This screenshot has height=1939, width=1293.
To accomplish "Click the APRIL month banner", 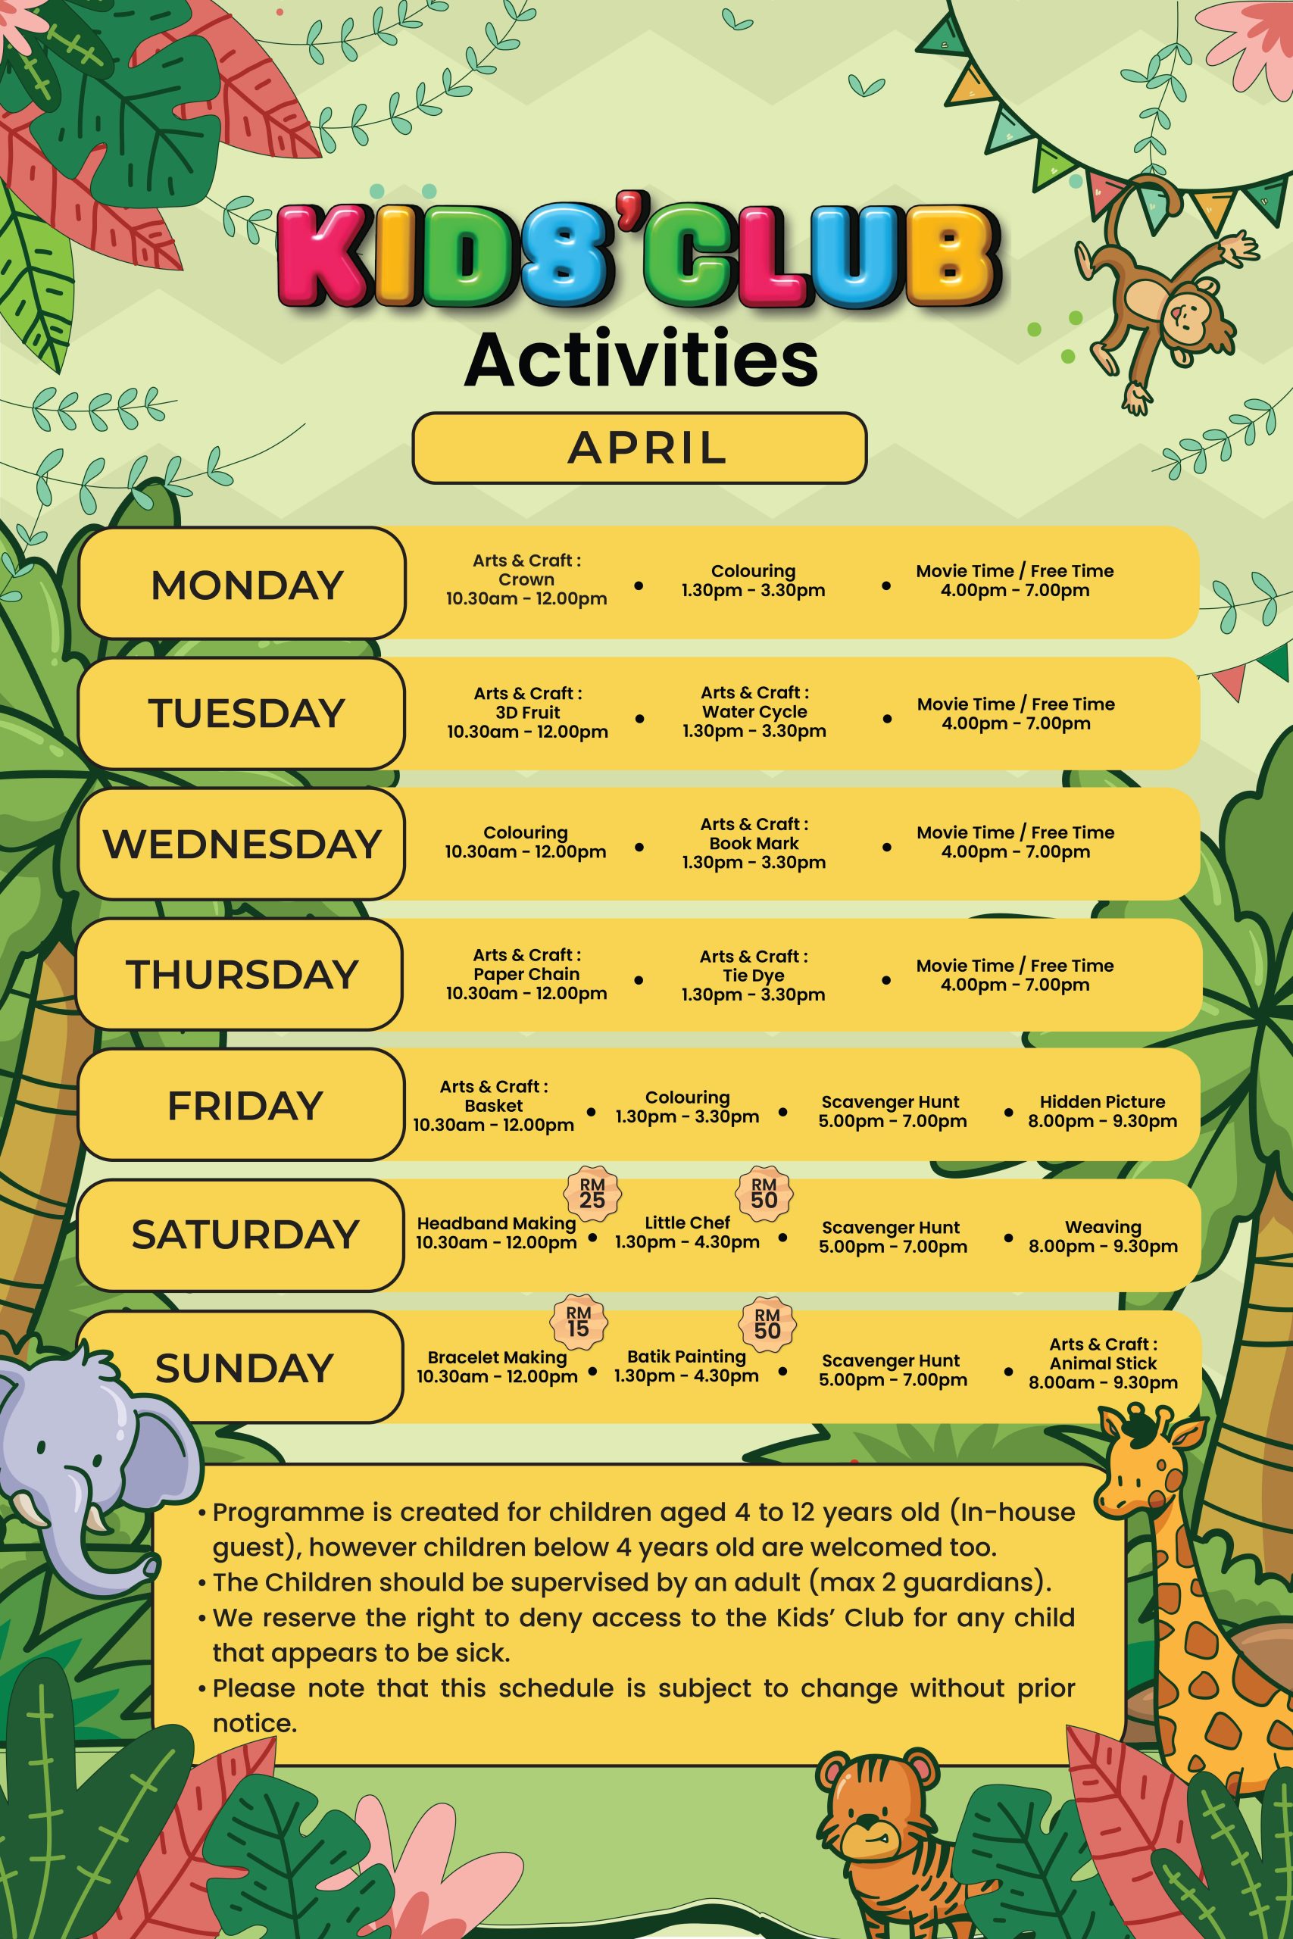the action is [639, 448].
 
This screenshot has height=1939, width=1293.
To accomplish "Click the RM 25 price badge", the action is [592, 1193].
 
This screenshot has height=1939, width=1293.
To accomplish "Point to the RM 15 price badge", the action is [578, 1321].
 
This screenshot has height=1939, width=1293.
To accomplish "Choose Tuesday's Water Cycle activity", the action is [754, 711].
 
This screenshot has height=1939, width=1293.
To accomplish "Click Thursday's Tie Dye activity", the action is [753, 976].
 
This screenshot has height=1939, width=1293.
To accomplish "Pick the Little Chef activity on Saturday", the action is [687, 1232].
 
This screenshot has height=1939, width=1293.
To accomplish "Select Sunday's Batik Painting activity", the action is [686, 1366].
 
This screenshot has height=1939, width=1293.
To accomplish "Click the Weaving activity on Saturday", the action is [1103, 1237].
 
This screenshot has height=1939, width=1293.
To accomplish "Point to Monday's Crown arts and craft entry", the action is [526, 579].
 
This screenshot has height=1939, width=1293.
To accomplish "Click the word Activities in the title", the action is [641, 360].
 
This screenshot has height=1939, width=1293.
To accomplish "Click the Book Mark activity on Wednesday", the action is [754, 842].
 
